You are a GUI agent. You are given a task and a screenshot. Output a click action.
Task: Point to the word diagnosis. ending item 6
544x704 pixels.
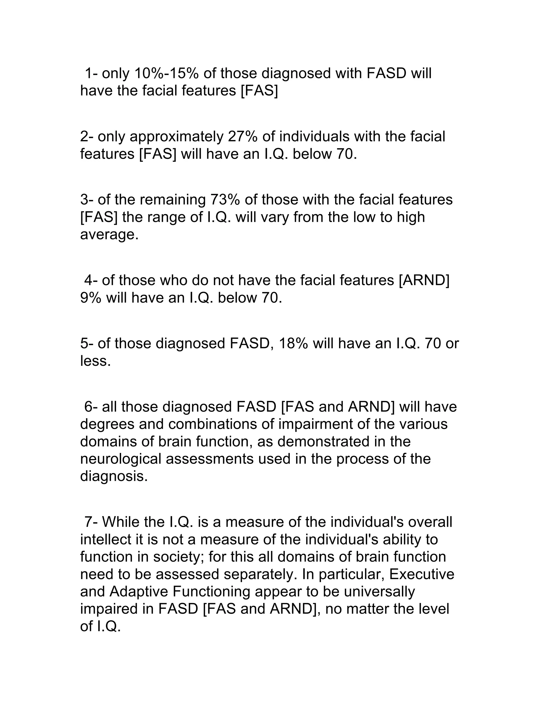coord(114,476)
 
